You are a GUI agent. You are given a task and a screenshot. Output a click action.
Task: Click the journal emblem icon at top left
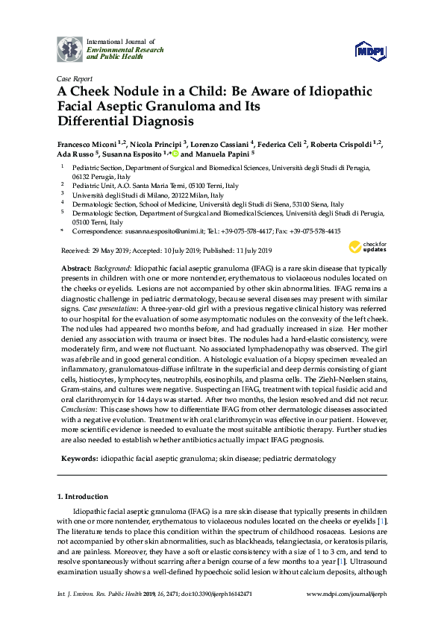(72, 48)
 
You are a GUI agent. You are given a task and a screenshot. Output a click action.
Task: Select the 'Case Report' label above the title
(75, 78)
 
